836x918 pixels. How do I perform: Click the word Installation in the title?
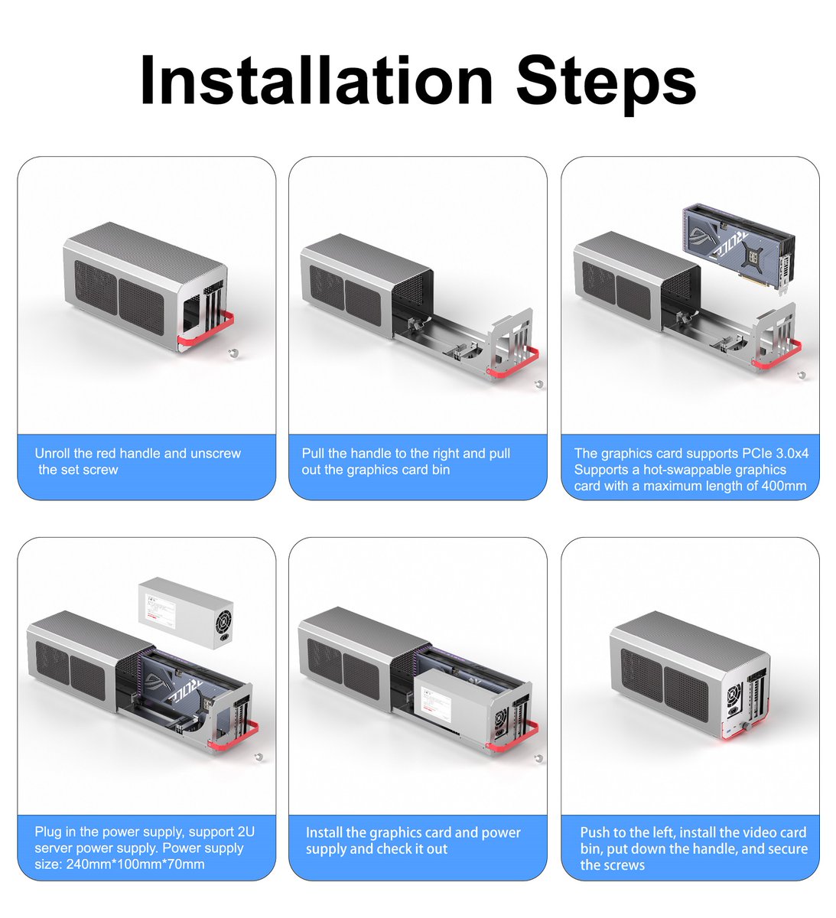click(316, 80)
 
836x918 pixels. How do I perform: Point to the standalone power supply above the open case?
click(186, 614)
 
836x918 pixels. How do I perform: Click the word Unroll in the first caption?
click(52, 453)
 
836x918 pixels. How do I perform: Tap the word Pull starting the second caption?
click(313, 453)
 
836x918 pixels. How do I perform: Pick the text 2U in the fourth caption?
click(246, 832)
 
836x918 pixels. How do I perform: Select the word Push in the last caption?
click(595, 832)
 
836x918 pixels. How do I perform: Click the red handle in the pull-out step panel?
click(512, 365)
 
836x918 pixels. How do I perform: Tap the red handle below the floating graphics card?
click(776, 355)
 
